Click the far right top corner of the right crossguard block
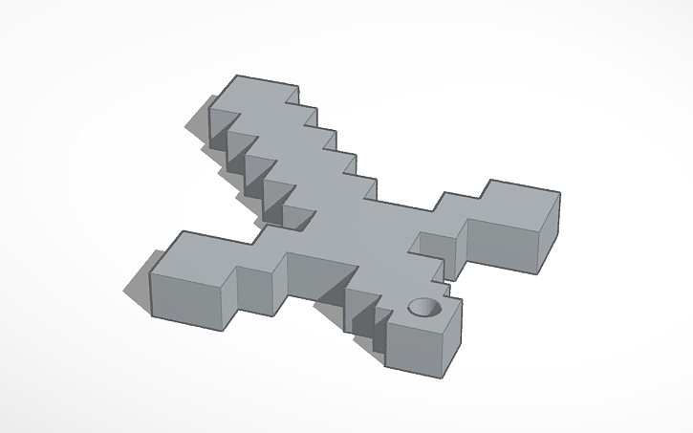pos(559,196)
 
